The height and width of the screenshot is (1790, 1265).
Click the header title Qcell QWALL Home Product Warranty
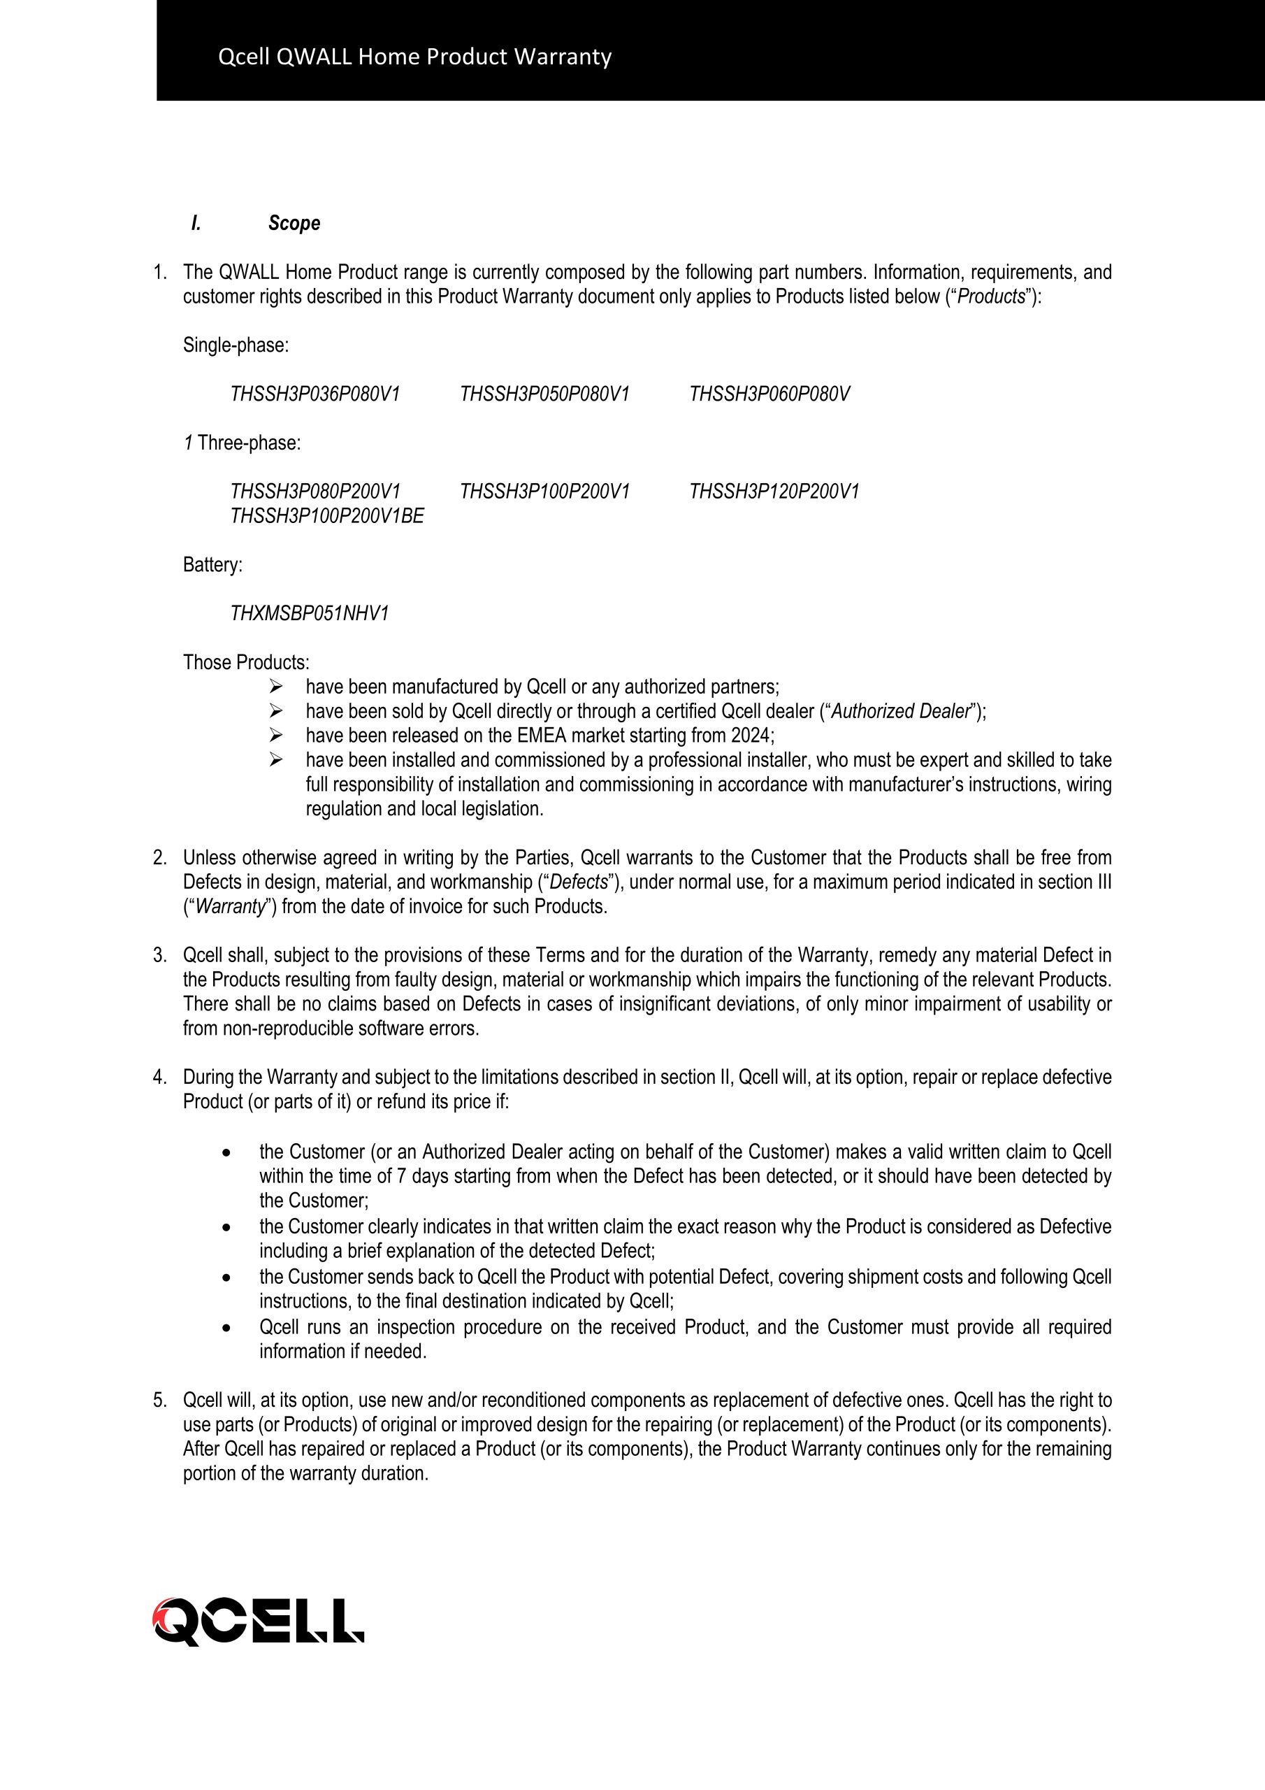click(x=414, y=57)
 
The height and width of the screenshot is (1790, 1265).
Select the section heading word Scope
click(x=294, y=224)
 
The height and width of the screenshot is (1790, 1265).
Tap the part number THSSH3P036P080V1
click(x=315, y=394)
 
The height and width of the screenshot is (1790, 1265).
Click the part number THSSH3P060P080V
click(x=769, y=394)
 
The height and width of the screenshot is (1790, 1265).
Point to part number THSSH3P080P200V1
click(x=315, y=492)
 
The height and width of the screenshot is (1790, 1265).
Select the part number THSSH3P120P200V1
click(x=774, y=492)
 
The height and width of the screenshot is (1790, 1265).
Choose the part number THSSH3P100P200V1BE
click(x=326, y=516)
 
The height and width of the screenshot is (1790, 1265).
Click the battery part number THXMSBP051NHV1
click(x=310, y=615)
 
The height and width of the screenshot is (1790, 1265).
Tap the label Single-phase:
click(x=236, y=345)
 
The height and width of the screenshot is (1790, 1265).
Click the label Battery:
click(x=212, y=565)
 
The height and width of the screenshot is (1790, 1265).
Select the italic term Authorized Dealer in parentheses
click(x=899, y=712)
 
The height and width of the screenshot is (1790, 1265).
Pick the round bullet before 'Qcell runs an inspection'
click(x=226, y=1328)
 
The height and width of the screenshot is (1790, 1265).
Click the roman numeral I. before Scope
click(x=196, y=224)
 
